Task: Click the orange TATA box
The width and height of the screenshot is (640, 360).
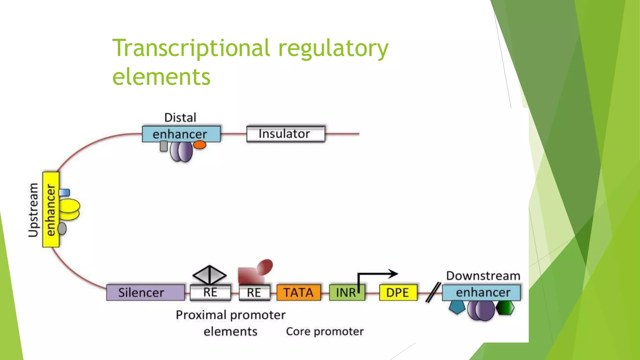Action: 298,292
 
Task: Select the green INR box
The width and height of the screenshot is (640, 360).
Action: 346,292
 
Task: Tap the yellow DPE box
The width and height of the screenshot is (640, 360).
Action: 398,292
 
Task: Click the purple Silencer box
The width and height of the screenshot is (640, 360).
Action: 145,292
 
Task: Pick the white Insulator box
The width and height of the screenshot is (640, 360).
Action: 286,134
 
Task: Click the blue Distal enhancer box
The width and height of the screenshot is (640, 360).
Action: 181,134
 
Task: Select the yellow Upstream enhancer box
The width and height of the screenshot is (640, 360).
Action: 51,209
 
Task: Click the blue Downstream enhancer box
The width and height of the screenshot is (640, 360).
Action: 481,292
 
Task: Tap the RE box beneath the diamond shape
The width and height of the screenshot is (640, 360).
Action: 210,292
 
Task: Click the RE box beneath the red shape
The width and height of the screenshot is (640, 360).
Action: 254,292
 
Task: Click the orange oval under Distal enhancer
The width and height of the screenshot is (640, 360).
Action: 199,145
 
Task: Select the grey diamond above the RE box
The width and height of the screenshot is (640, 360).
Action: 209,275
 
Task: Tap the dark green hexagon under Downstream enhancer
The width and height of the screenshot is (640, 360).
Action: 505,308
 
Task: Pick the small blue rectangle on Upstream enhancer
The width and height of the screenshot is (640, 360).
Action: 65,192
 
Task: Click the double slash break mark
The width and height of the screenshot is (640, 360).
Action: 433,292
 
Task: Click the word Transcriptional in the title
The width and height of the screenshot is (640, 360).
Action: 191,48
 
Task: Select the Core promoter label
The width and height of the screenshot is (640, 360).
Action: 325,332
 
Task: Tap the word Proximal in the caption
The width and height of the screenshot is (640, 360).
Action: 201,315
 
